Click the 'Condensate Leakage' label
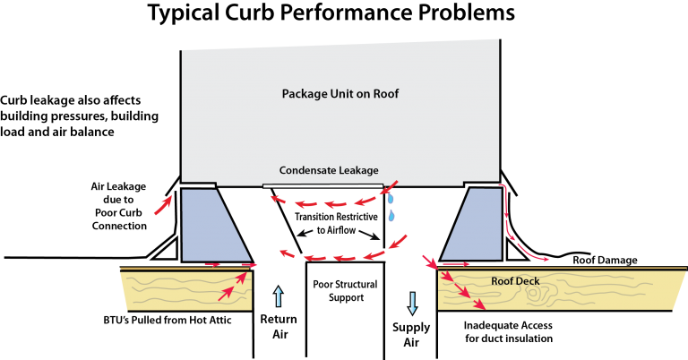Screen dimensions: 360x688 pos(329,170)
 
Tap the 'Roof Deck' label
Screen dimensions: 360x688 pos(515,280)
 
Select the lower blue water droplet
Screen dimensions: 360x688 pos(391,216)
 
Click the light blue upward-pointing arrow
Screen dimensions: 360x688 pos(278,296)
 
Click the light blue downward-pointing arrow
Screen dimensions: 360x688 pos(412,303)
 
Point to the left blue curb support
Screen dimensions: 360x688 pos(211,226)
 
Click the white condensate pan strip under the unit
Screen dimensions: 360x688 pos(322,186)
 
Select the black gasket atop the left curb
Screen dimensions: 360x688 pos(198,184)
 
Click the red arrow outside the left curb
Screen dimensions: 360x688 pos(163,205)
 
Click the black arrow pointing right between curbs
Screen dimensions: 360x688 pos(370,236)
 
